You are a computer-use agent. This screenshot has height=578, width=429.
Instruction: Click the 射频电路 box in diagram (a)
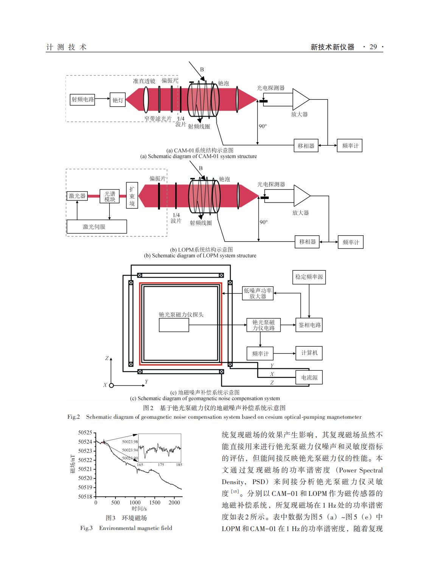[x=82, y=99]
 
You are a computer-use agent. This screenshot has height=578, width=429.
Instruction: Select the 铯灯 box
[x=118, y=100]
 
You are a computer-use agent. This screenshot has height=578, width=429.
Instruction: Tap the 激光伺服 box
[x=97, y=227]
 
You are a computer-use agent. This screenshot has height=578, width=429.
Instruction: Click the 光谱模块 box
[x=109, y=196]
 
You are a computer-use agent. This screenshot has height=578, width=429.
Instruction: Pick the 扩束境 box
[x=132, y=195]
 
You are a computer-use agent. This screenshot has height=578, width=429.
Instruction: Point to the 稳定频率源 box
[x=309, y=277]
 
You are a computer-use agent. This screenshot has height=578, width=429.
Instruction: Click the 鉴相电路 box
[x=309, y=325]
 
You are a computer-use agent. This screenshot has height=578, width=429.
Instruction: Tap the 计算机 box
[x=309, y=353]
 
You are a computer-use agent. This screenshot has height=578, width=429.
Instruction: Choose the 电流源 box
[x=309, y=378]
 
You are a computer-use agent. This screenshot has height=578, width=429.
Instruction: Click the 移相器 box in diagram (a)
[x=306, y=146]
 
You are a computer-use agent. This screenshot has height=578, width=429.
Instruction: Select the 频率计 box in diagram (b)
[x=351, y=242]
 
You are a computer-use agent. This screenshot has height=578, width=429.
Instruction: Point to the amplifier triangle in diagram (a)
[x=300, y=99]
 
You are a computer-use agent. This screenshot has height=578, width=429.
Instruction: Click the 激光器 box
[x=77, y=196]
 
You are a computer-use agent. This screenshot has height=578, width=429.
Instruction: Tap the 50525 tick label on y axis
[x=85, y=433]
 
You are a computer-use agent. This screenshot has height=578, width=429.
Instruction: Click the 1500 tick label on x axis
[x=155, y=502]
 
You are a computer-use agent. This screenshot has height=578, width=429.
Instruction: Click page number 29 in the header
[x=373, y=47]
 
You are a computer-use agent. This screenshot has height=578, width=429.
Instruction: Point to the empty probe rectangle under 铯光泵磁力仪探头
[x=174, y=325]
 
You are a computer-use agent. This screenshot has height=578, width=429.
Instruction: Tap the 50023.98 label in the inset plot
[x=130, y=442]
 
